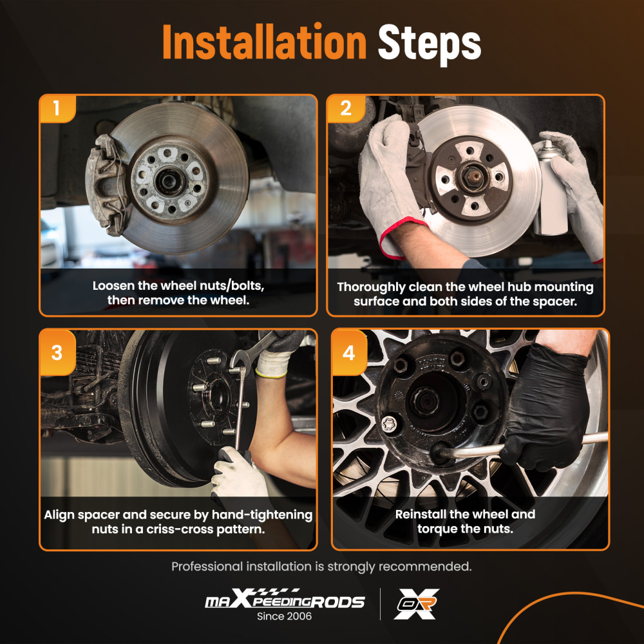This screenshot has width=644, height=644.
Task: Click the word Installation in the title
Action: (264, 43)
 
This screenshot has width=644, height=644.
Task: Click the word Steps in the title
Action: (429, 44)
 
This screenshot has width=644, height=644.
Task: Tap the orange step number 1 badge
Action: (57, 108)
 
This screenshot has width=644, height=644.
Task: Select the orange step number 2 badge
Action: (346, 108)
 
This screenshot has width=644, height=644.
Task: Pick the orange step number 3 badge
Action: (57, 352)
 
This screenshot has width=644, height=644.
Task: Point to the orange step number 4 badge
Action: (349, 352)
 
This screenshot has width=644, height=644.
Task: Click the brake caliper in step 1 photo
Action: (106, 185)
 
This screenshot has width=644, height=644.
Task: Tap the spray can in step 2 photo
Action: (551, 188)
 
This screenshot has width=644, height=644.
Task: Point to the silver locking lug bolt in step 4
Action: (389, 424)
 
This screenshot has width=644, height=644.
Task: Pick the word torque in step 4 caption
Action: (436, 529)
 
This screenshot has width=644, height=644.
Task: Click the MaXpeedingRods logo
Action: (285, 600)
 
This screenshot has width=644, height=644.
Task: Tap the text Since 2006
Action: (284, 616)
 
